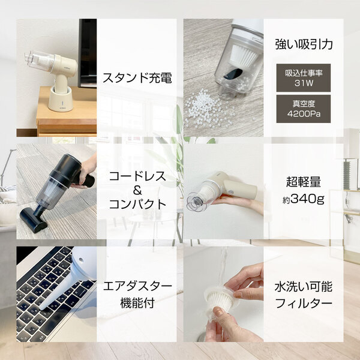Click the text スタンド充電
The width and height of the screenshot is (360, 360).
click(137, 78)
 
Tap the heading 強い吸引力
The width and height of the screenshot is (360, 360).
click(303, 44)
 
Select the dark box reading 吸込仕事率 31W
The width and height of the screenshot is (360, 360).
click(303, 78)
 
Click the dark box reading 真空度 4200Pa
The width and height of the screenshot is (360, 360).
click(303, 109)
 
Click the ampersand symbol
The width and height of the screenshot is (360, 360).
click(137, 190)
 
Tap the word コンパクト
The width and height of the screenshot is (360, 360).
click(137, 204)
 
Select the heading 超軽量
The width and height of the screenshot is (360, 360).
click(303, 179)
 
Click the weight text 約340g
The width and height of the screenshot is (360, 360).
click(303, 198)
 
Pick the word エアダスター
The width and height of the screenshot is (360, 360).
click(137, 285)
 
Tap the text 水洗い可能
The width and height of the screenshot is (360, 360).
click(303, 285)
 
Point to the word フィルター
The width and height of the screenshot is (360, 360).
click(303, 303)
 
